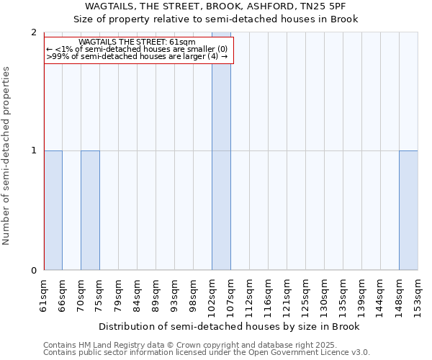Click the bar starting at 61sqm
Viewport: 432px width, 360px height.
[x=53, y=210]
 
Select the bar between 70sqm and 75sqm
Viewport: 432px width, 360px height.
[x=90, y=210]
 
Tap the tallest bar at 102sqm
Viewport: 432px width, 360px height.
[x=221, y=151]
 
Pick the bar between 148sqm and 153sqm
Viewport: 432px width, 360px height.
[x=408, y=210]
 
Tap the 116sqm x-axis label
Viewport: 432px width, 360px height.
[x=268, y=295]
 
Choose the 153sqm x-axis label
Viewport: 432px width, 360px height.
[x=418, y=295]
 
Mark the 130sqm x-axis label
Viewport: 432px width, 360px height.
[x=324, y=295]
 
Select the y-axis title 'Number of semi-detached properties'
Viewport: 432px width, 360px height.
[x=7, y=156]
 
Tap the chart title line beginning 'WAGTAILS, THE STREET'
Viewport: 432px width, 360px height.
[x=216, y=7]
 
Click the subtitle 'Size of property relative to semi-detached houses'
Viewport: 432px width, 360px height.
[x=216, y=19]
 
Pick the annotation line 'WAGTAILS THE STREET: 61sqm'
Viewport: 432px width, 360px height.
[x=137, y=42]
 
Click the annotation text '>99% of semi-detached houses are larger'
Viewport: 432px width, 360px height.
[x=137, y=56]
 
